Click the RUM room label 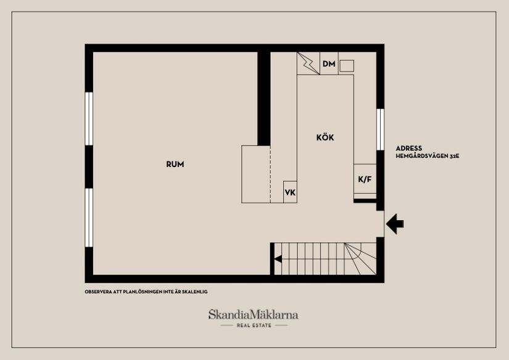(x=175, y=165)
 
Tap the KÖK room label (x=325, y=137)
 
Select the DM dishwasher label (x=329, y=64)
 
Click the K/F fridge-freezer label (x=365, y=179)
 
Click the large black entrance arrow (x=395, y=223)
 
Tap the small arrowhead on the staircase (x=278, y=259)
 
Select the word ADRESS (x=409, y=149)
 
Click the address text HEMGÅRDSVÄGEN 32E (x=427, y=157)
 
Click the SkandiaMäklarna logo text (x=254, y=314)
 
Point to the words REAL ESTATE (x=254, y=325)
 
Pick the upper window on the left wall (x=89, y=118)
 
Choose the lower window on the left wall (x=89, y=217)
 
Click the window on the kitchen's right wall (x=380, y=129)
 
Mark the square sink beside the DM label (x=347, y=65)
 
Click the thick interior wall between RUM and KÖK (x=264, y=99)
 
